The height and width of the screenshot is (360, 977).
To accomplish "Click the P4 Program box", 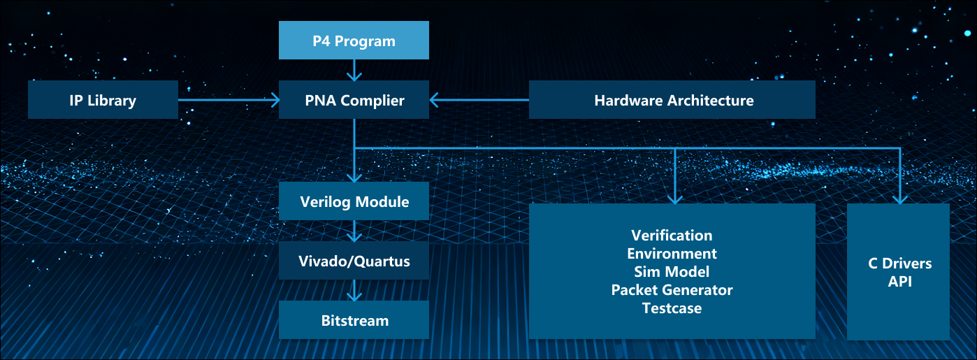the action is (x=354, y=40).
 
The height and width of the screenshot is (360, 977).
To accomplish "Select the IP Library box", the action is (x=103, y=99).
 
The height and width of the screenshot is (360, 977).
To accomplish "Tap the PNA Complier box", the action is (x=354, y=99).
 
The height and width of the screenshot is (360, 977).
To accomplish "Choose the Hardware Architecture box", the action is (x=672, y=99).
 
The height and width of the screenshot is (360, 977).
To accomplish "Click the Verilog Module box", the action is (x=354, y=201).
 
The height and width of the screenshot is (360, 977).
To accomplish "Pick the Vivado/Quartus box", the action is (x=354, y=261).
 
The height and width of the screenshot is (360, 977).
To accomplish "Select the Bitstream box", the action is (x=354, y=320).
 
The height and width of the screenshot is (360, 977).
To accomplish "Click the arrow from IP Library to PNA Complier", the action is (x=229, y=100).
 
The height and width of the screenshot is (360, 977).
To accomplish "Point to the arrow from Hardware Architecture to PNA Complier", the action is (x=479, y=100).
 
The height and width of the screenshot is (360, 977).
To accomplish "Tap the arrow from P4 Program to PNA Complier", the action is (x=354, y=71).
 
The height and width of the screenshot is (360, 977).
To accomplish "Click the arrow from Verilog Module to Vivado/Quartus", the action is (x=354, y=231).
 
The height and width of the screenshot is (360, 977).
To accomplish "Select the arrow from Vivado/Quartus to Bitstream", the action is (x=354, y=290).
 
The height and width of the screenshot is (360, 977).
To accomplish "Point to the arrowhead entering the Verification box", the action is (x=674, y=199).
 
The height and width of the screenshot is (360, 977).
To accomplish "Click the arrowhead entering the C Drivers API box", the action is (x=900, y=199).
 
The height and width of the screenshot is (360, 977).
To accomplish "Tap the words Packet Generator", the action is (x=672, y=290).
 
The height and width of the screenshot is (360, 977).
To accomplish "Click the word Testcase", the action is (x=672, y=308).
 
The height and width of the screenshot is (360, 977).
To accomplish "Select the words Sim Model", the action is (x=672, y=272).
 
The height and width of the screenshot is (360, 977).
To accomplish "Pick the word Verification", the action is (x=672, y=236).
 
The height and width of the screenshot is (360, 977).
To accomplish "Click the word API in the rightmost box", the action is (x=900, y=282).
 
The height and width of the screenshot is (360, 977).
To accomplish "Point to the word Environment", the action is (x=672, y=254).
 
